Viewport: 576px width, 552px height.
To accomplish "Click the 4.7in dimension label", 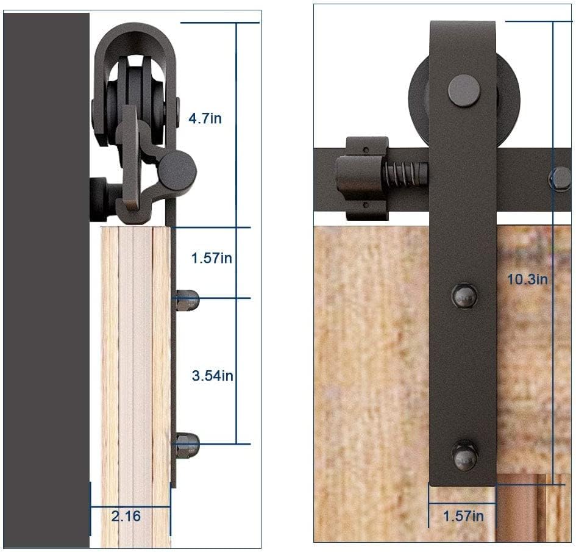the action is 205,118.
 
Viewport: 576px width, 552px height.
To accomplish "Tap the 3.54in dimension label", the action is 212,376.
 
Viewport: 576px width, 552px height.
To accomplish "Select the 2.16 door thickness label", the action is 126,516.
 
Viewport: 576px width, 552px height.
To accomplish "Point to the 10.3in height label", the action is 527,279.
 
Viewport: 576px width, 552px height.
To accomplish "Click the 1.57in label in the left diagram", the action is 212,258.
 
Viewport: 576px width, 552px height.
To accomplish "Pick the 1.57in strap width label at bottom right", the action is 463,516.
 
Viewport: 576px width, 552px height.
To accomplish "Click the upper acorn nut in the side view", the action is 187,300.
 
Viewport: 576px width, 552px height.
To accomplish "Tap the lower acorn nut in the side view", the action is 187,445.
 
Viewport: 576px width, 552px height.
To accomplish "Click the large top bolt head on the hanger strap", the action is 464,90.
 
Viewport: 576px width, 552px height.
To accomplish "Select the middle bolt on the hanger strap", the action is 464,295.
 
